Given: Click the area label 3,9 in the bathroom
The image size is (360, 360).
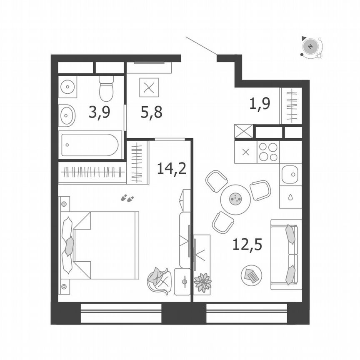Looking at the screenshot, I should tap(99, 112).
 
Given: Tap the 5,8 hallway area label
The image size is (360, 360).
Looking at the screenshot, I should tap(151, 112).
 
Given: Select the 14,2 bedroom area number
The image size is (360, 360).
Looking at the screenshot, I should tap(171, 168).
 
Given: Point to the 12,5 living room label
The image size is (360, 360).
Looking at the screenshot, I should tap(247, 244).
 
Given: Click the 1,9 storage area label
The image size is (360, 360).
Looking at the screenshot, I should tap(260, 102).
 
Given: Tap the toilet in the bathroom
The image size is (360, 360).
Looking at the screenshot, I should tap(106, 88).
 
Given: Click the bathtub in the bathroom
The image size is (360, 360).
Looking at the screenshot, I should tap(90, 145).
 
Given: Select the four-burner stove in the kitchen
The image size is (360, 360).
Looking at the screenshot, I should tap(268, 152).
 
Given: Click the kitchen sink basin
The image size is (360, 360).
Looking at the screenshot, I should tap(290, 174).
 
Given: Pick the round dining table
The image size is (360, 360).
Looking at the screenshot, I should tap(235, 200).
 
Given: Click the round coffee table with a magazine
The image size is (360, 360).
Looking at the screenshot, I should tap(252, 275).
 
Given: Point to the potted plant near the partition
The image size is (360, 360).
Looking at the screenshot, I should tap(203, 282).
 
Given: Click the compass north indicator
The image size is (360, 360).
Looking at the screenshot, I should tap(310, 46).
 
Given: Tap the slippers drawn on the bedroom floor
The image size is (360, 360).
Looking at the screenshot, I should tap(127, 198).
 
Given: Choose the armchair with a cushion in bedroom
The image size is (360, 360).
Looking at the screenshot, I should tap(159, 280).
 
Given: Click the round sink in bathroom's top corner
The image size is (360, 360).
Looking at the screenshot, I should tap(67, 87).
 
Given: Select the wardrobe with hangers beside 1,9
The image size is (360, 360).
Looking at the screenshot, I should tap(291, 106).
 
